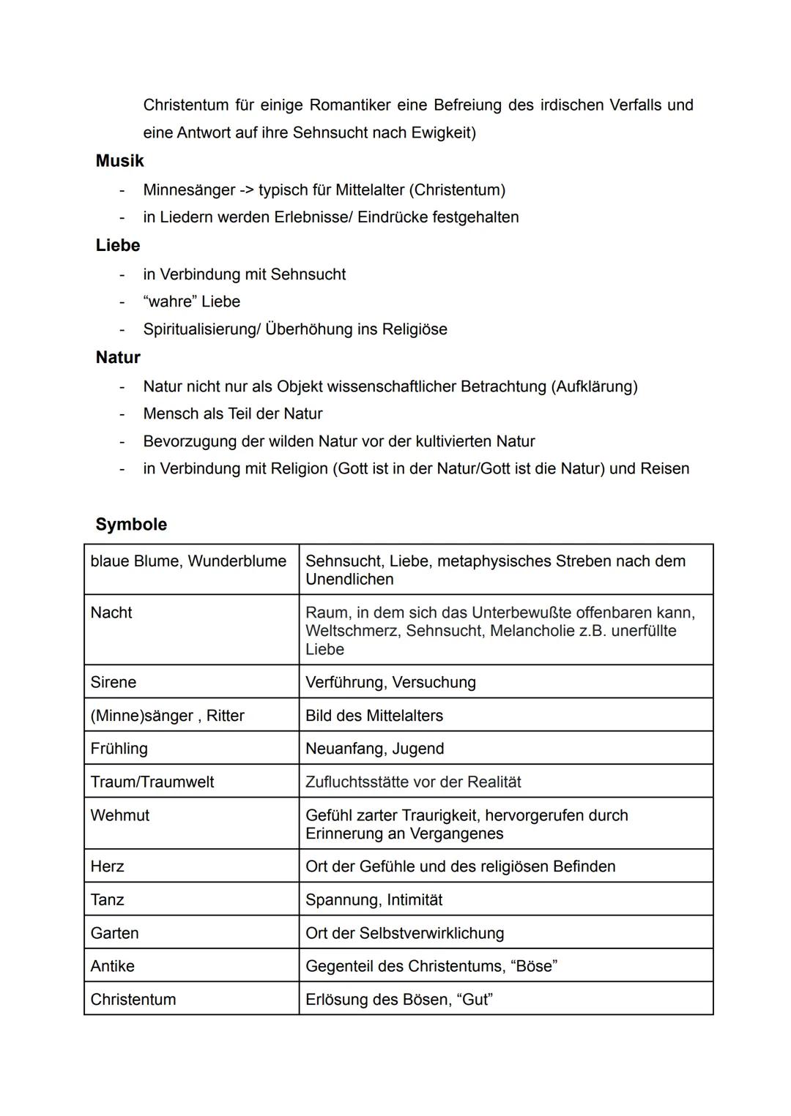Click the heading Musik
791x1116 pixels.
(119, 161)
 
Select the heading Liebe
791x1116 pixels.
(117, 245)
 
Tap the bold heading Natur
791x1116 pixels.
(117, 357)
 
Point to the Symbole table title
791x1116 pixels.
(131, 524)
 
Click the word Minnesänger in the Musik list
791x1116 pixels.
(188, 190)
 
